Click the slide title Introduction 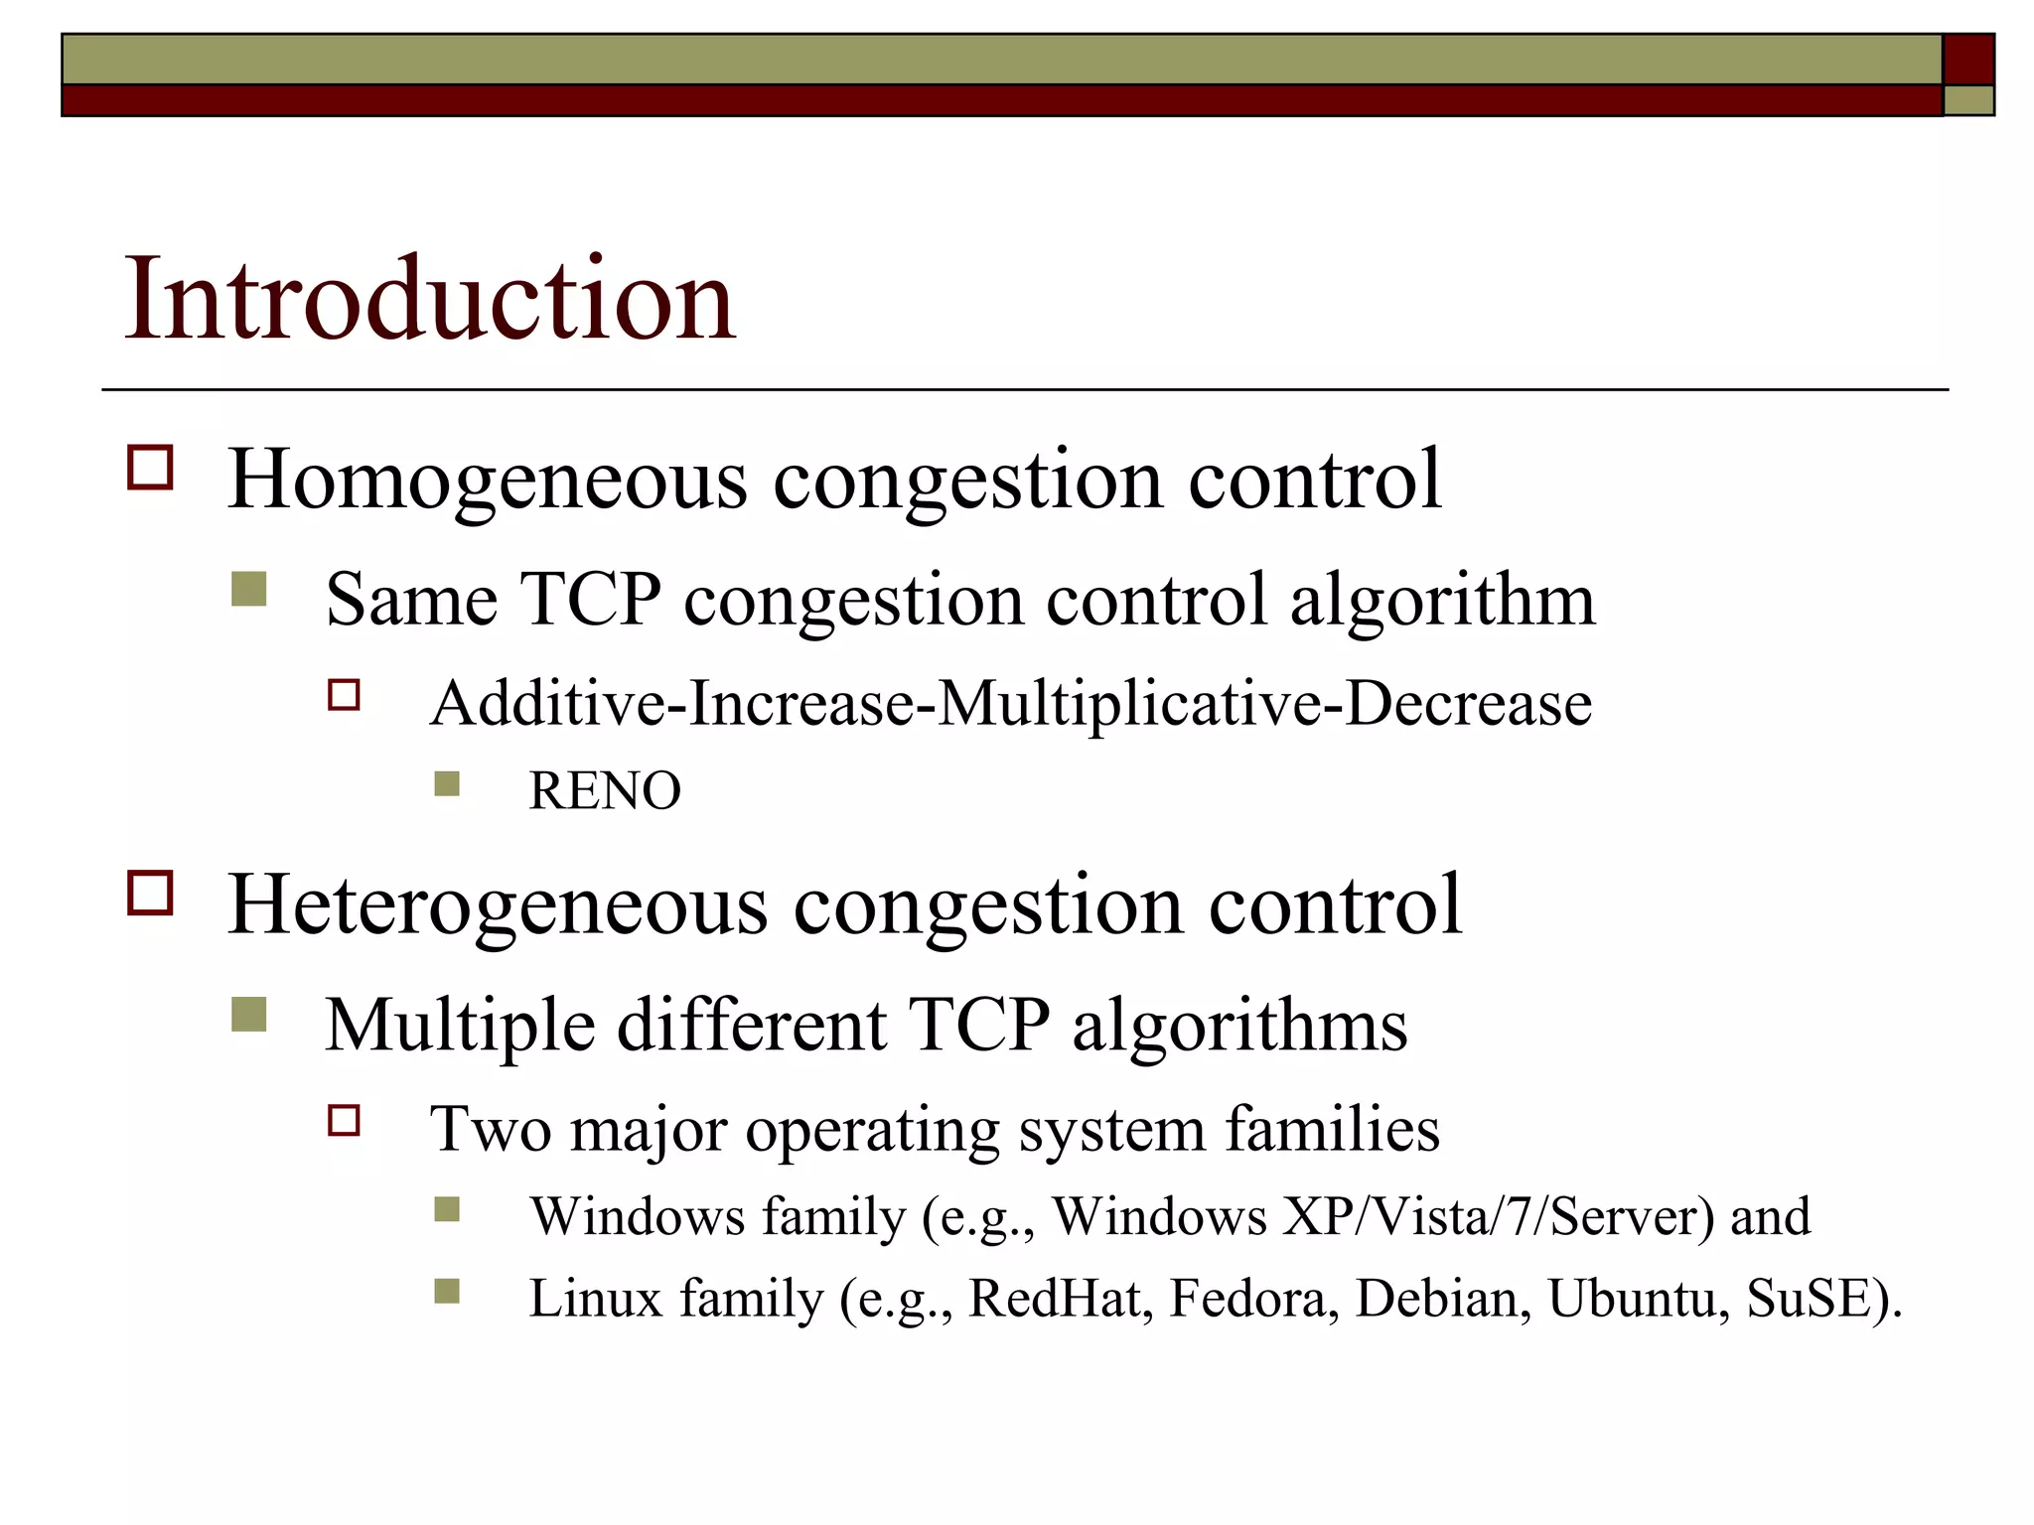429,299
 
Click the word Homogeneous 487,480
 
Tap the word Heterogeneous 497,904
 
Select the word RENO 605,791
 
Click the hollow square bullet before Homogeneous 150,468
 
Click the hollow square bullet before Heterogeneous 150,892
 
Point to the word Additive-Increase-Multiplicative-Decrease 1010,703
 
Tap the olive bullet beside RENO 447,784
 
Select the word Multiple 458,1025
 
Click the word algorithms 1239,1025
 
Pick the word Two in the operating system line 490,1129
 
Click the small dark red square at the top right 1968,59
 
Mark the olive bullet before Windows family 447,1209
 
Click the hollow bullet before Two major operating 344,1121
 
